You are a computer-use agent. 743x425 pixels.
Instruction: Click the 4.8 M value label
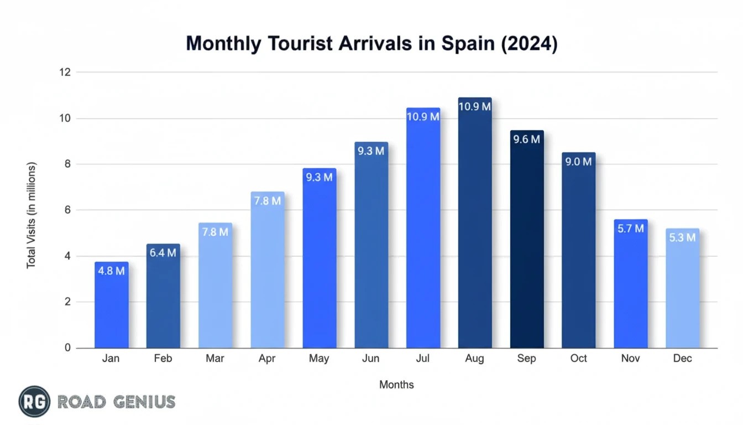click(111, 271)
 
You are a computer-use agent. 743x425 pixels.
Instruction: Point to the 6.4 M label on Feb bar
click(163, 253)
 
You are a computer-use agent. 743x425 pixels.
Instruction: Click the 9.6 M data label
click(526, 139)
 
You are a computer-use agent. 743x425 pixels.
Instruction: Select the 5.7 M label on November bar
click(630, 228)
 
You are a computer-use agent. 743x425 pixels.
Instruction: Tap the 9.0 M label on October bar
click(578, 162)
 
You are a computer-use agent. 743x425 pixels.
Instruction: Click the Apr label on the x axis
click(267, 359)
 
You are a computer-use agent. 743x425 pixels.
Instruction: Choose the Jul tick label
click(422, 359)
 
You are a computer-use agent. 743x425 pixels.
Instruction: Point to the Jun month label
click(370, 359)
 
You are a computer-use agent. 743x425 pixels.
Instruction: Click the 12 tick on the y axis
click(65, 72)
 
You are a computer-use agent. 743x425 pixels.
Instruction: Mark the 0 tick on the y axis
click(67, 348)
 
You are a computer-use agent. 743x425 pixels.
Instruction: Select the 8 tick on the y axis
click(67, 164)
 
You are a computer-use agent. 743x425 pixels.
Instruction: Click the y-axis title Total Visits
click(31, 216)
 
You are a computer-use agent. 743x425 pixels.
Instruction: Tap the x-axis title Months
click(396, 385)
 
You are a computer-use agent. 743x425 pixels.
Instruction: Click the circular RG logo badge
click(34, 402)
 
